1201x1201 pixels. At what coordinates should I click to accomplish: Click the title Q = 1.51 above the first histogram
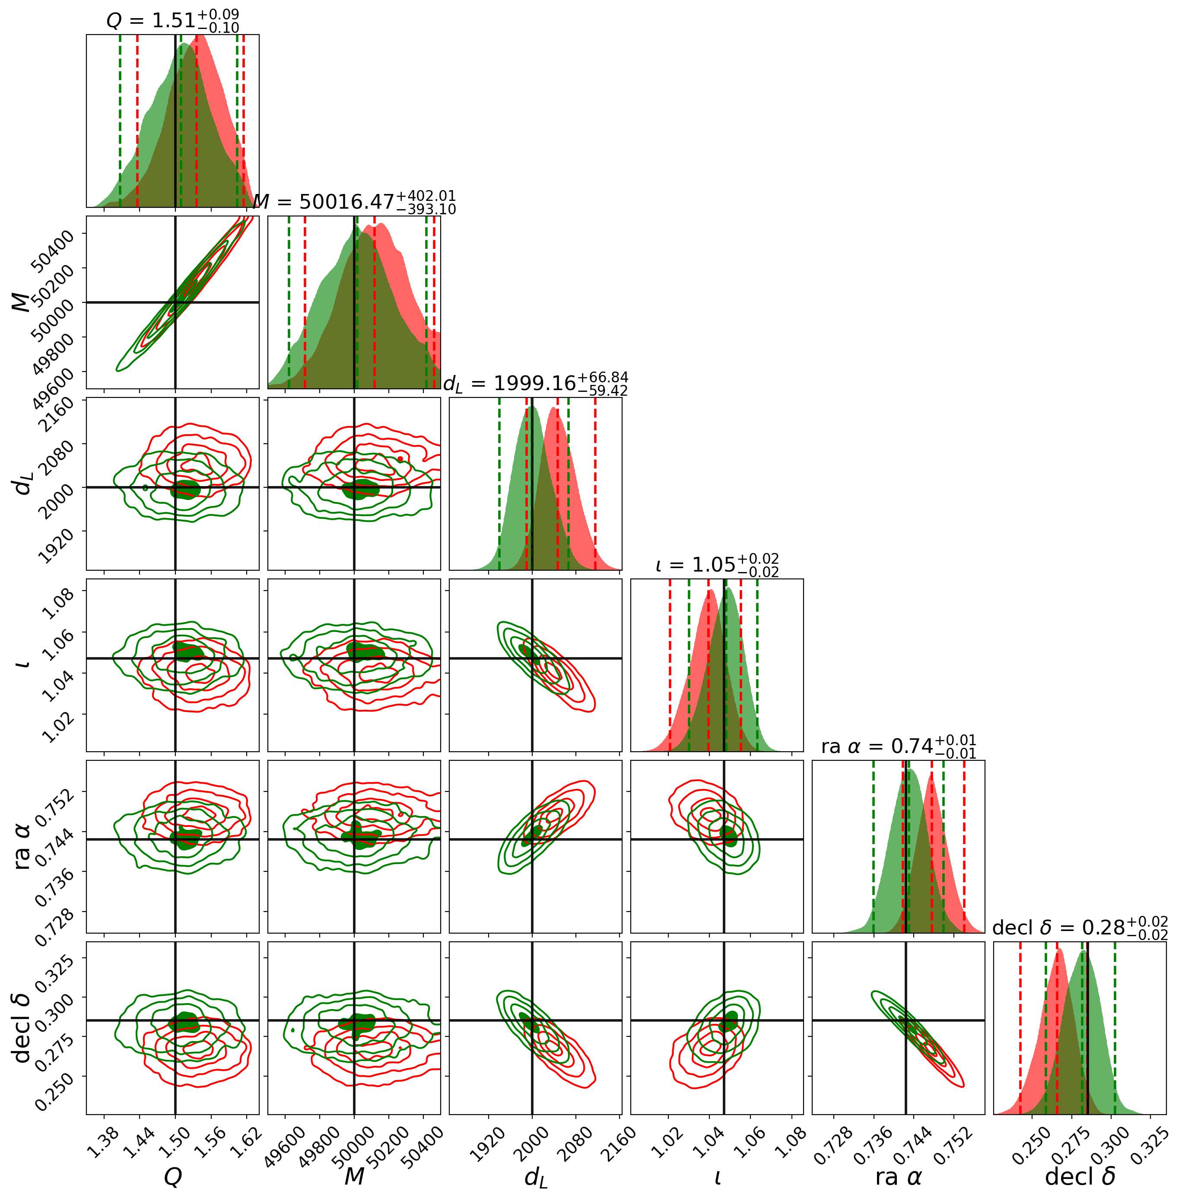(x=172, y=20)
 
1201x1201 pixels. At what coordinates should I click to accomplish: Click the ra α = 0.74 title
(x=898, y=746)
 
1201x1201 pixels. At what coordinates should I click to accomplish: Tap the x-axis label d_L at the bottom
(x=536, y=1177)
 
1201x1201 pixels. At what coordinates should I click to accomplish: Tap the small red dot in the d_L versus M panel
(x=400, y=459)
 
